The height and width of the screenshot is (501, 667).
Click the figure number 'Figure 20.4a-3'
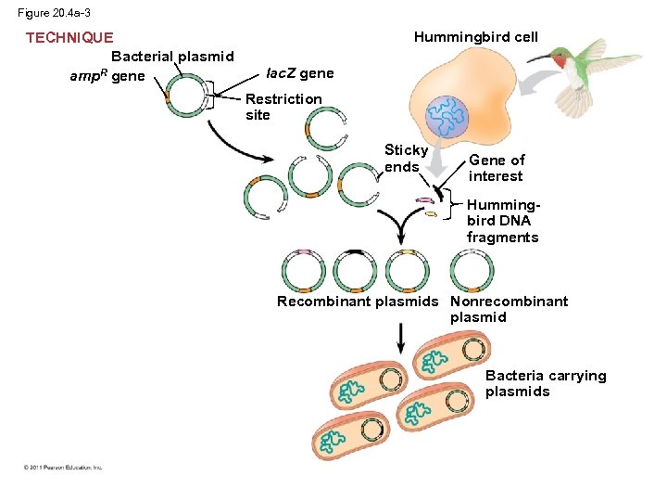[54, 13]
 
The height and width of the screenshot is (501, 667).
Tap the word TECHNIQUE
[69, 38]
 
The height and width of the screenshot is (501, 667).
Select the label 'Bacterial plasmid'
[172, 57]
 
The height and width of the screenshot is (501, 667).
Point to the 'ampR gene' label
[107, 76]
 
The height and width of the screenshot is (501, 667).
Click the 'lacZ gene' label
[299, 73]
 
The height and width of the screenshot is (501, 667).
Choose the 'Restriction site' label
[283, 107]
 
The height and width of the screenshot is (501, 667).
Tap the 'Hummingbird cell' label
[475, 37]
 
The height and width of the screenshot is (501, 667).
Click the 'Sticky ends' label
[406, 158]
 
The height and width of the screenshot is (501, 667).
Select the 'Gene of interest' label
[497, 168]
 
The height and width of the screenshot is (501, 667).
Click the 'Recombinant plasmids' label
[358, 302]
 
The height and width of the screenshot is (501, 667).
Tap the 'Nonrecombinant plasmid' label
[509, 309]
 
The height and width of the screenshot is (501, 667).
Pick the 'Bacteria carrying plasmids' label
[546, 383]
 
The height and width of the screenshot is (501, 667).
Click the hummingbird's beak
[540, 58]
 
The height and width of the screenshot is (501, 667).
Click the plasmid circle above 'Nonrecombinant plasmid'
[472, 272]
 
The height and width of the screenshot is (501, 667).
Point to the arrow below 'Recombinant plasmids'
[400, 337]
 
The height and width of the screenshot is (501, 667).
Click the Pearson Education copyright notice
[63, 468]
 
